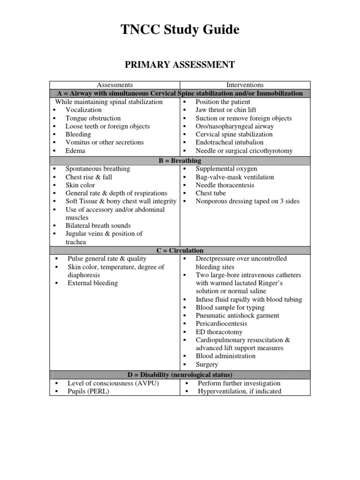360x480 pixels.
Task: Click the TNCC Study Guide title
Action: click(180, 30)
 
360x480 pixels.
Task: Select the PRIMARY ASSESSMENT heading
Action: click(180, 64)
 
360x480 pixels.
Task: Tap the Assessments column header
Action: click(114, 85)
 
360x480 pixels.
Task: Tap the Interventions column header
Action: click(245, 85)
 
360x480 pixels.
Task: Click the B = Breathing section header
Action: click(180, 160)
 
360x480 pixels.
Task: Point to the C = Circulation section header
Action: click(180, 250)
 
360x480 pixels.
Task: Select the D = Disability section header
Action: click(180, 375)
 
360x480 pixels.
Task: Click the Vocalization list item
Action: click(83, 110)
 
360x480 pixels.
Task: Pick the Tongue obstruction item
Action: click(93, 118)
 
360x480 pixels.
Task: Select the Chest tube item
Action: click(210, 193)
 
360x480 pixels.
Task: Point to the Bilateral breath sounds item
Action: click(98, 225)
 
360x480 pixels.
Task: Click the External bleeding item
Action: click(93, 283)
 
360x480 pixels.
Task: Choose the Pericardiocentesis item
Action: click(221, 323)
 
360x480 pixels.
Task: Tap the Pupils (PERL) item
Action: click(88, 391)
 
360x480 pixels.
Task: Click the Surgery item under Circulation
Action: click(207, 364)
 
